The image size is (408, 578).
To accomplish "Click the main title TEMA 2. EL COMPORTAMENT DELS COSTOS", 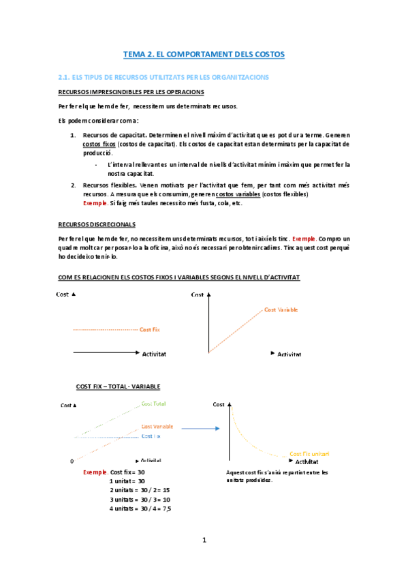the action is pos(203,53).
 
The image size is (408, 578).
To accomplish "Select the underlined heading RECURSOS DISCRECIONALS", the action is pos(97,224).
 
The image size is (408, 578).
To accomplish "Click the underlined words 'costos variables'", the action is pos(238,194).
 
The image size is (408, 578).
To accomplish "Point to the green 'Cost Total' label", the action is pos(153,404).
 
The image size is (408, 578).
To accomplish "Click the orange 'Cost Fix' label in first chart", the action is pos(150,330).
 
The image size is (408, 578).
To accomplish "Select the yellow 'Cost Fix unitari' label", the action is pos(310,453).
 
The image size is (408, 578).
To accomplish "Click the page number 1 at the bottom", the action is pos(204,541).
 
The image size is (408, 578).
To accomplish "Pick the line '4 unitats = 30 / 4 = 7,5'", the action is pos(140,508).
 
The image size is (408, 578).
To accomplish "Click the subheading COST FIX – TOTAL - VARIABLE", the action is pos(119,386).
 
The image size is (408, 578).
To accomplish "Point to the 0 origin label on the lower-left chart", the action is pos(72,461).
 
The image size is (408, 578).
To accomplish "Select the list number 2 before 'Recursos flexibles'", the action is pos(74,185).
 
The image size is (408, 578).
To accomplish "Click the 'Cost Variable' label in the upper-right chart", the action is pos(281,309).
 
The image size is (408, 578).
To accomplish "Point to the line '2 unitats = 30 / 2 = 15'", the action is pos(139,490).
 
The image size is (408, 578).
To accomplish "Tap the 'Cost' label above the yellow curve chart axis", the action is pos(218,404).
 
